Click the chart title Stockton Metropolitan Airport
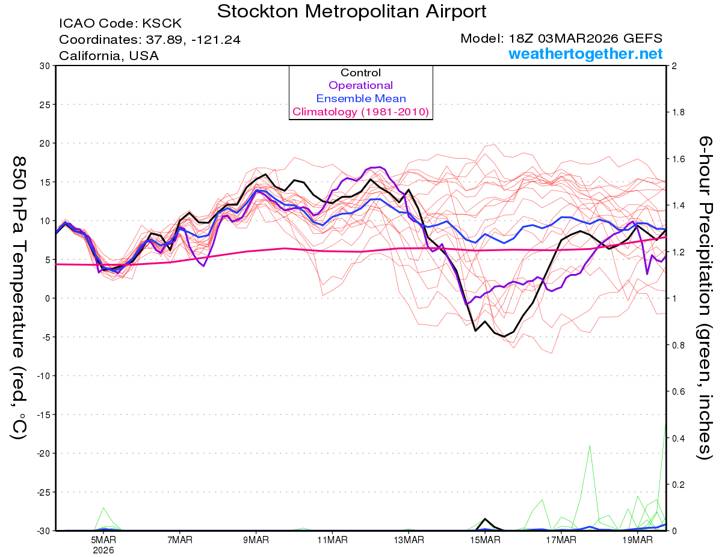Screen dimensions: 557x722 pyautogui.click(x=352, y=11)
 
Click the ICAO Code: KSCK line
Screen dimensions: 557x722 pyautogui.click(x=120, y=24)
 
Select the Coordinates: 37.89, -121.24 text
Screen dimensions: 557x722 pyautogui.click(x=150, y=40)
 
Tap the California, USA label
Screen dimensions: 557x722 pyautogui.click(x=109, y=56)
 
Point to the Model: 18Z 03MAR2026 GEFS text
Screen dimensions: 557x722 pyautogui.click(x=561, y=38)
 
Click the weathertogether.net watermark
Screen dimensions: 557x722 pyautogui.click(x=585, y=54)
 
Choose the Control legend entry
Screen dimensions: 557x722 pyautogui.click(x=360, y=73)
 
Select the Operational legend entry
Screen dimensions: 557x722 pyautogui.click(x=360, y=85)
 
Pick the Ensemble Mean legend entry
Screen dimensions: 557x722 pyautogui.click(x=360, y=99)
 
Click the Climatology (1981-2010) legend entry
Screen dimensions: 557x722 pyautogui.click(x=360, y=112)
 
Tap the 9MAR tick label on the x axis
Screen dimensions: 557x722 pyautogui.click(x=256, y=540)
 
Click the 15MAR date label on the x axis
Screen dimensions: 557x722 pyautogui.click(x=484, y=540)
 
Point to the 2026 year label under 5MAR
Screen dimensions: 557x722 pyautogui.click(x=103, y=550)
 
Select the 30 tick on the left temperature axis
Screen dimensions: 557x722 pyautogui.click(x=44, y=66)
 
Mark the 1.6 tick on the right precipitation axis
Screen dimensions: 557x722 pyautogui.click(x=678, y=159)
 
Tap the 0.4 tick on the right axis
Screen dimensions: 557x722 pyautogui.click(x=678, y=438)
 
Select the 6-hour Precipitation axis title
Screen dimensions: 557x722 pyautogui.click(x=704, y=297)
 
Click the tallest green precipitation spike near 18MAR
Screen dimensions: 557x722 pyautogui.click(x=590, y=446)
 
